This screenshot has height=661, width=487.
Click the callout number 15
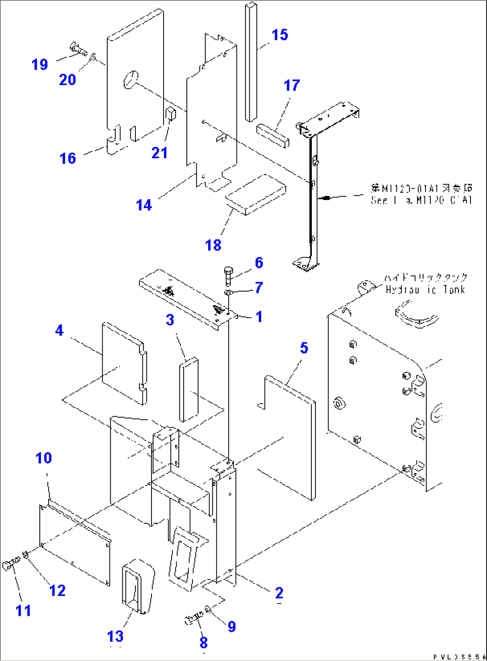(280, 35)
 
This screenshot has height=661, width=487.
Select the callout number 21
(160, 153)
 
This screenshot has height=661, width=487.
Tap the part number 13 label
(115, 636)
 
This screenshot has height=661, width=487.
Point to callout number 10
(44, 458)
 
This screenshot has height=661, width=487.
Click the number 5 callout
(304, 347)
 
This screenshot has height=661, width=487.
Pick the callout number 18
(213, 245)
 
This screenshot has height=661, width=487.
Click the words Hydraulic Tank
(425, 289)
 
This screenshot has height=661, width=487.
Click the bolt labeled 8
(193, 619)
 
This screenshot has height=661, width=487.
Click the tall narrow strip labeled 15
(251, 63)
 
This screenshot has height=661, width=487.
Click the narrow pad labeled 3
(189, 389)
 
